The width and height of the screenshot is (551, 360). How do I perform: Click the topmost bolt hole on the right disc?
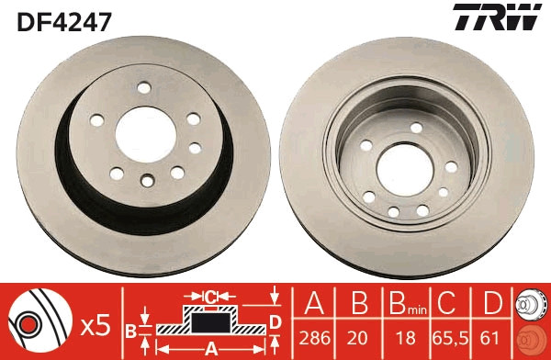click(x=414, y=127)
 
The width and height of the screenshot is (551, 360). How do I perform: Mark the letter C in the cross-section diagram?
click(x=209, y=296)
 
